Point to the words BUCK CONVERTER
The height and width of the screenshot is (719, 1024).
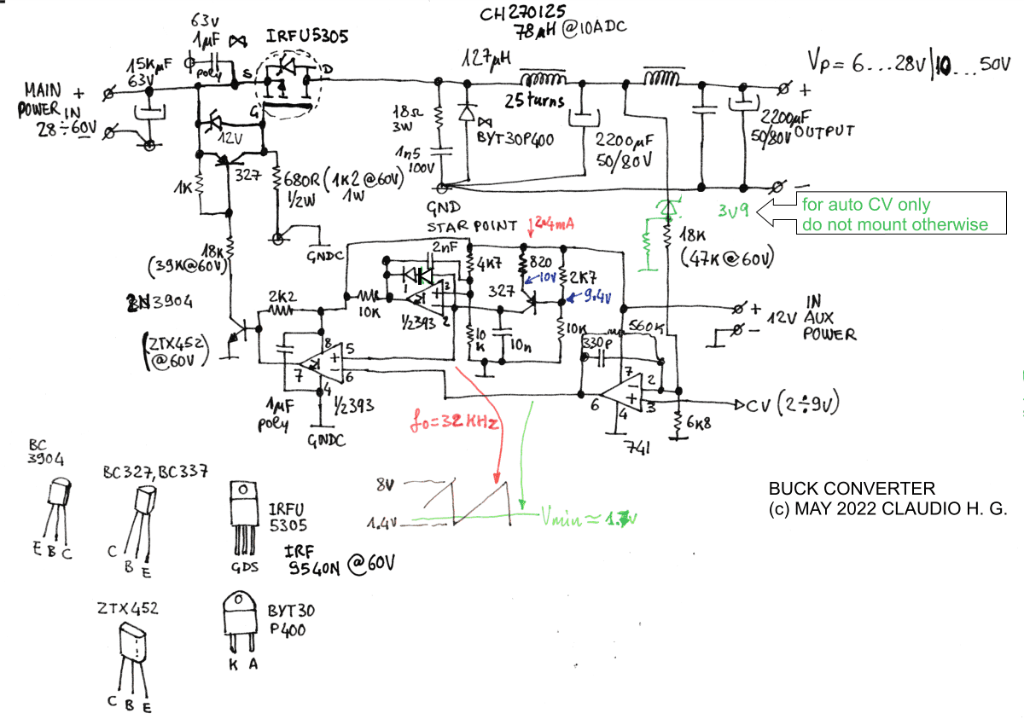pyautogui.click(x=851, y=489)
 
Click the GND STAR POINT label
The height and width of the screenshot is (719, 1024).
pyautogui.click(x=472, y=217)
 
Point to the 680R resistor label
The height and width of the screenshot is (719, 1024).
pyautogui.click(x=304, y=181)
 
